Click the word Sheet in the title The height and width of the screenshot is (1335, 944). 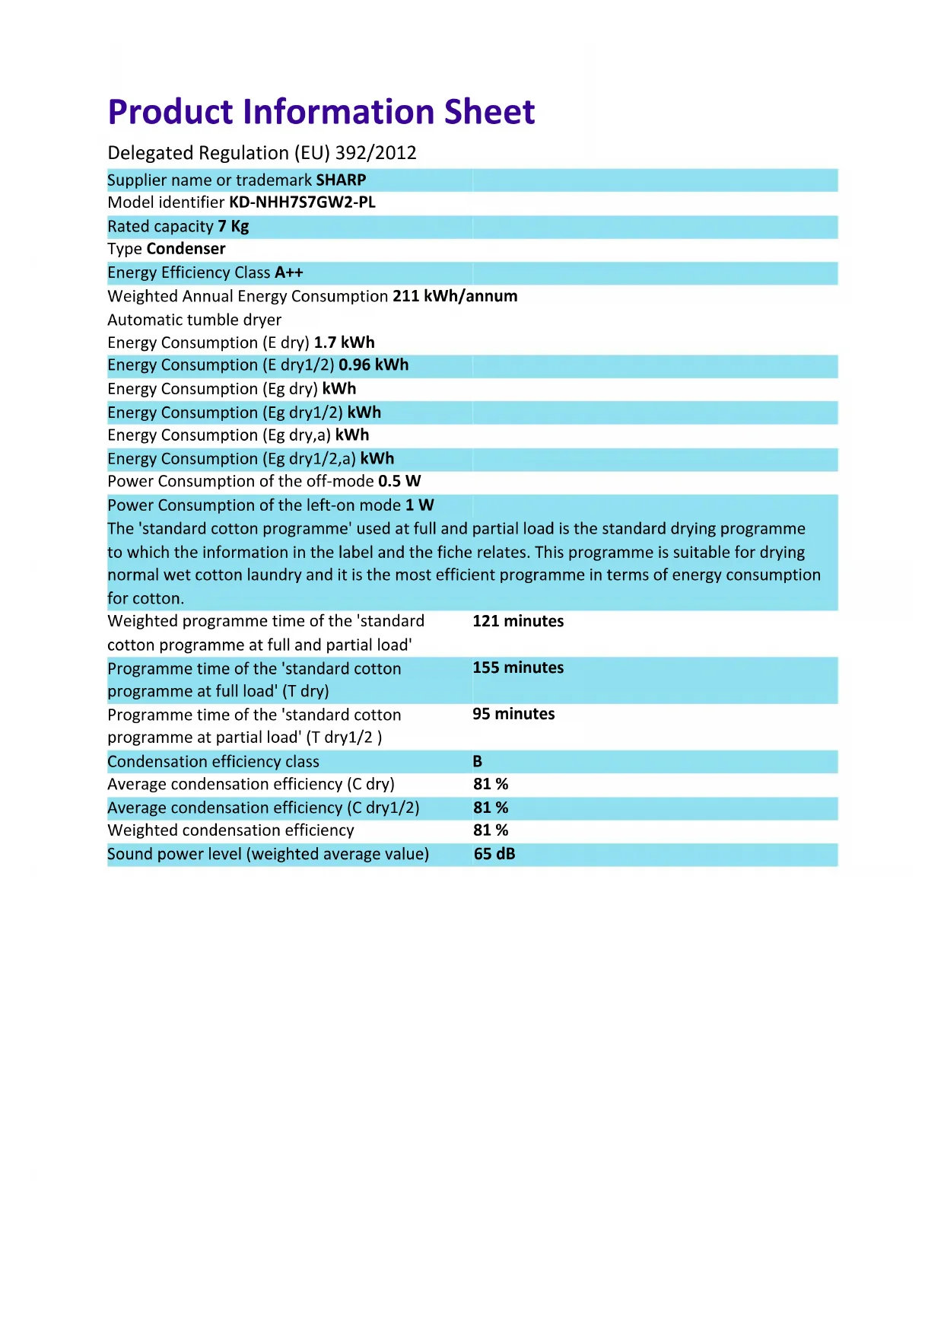(489, 112)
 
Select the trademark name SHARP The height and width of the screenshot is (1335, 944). (341, 180)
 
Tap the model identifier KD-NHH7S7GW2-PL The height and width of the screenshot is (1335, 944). (302, 202)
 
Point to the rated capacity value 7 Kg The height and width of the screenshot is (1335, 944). (234, 227)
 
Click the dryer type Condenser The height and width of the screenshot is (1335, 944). (186, 249)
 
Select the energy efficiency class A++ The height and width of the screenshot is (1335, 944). (289, 272)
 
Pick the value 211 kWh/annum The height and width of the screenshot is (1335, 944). (455, 296)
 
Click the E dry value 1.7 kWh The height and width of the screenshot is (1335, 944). (344, 343)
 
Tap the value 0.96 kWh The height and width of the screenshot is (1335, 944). (373, 365)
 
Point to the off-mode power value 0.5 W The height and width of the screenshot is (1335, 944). (399, 482)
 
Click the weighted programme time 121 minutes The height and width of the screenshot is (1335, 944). (518, 621)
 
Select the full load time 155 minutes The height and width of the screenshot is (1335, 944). (518, 667)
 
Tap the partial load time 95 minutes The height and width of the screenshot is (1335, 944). (513, 714)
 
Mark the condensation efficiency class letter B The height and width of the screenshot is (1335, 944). (478, 762)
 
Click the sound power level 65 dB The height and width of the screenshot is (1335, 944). (494, 854)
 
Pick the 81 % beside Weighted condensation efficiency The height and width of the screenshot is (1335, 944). (491, 830)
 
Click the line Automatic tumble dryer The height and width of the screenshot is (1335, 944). (195, 320)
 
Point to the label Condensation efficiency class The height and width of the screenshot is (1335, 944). (213, 762)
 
